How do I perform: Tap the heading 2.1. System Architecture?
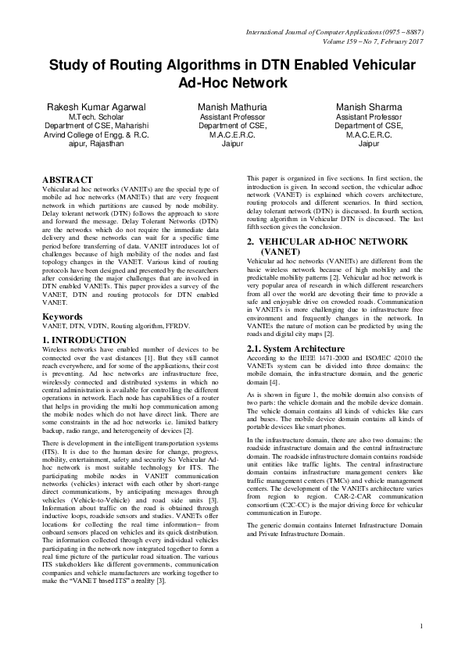coord(296,348)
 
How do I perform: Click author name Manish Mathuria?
coord(232,106)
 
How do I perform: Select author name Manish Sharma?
coord(368,106)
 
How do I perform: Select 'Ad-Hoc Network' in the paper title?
coord(233,82)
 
